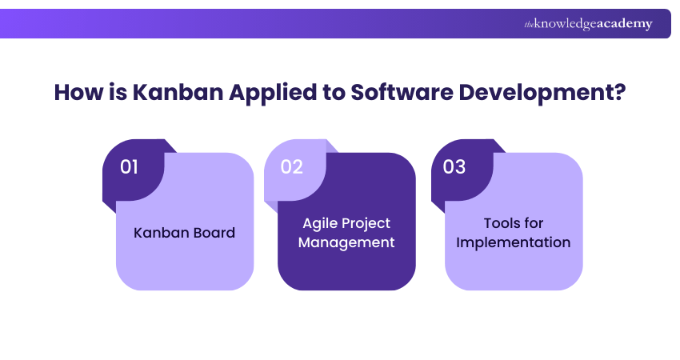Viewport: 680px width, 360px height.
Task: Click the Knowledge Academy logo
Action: click(588, 24)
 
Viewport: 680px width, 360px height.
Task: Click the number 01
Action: click(130, 167)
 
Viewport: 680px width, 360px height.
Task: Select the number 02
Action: click(291, 167)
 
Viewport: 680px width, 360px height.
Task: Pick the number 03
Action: click(454, 167)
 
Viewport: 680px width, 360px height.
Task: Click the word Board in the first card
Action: click(214, 233)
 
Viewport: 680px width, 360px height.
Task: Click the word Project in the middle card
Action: click(366, 223)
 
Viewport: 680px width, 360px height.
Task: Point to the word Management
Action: click(346, 242)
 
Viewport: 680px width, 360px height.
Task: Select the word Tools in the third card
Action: click(502, 223)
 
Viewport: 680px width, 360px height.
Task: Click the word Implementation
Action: click(513, 242)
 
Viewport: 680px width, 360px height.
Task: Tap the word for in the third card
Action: click(534, 223)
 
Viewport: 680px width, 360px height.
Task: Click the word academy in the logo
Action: click(623, 24)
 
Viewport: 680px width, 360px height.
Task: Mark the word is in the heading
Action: click(114, 92)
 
